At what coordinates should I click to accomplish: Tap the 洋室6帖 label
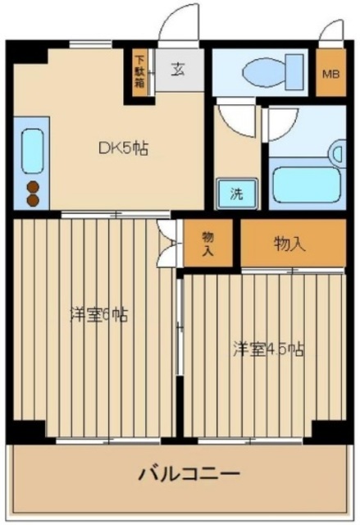[x=98, y=313]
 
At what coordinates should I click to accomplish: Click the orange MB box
[x=330, y=74]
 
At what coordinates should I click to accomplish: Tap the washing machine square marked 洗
[x=236, y=194]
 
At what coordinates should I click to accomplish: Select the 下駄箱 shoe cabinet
[x=140, y=71]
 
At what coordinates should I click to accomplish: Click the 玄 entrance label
[x=177, y=69]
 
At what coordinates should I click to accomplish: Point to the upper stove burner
[x=33, y=185]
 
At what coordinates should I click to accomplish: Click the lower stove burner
[x=33, y=199]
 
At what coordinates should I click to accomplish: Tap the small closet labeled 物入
[x=207, y=244]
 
